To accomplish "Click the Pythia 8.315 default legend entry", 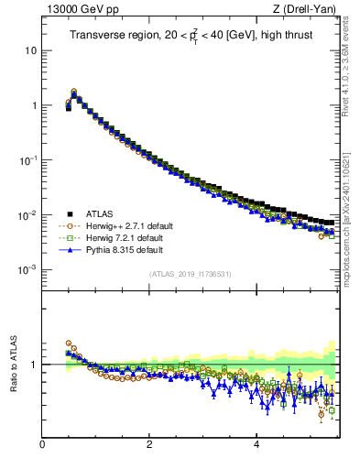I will pyautogui.click(x=125, y=249).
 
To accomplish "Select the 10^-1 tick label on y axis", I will pyautogui.click(x=29, y=160).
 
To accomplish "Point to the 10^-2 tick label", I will pyautogui.click(x=29, y=215).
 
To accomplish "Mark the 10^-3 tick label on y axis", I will pyautogui.click(x=29, y=270).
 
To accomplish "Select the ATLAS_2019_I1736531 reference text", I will pyautogui.click(x=189, y=275).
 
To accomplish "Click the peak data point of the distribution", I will pyautogui.click(x=74, y=93).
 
